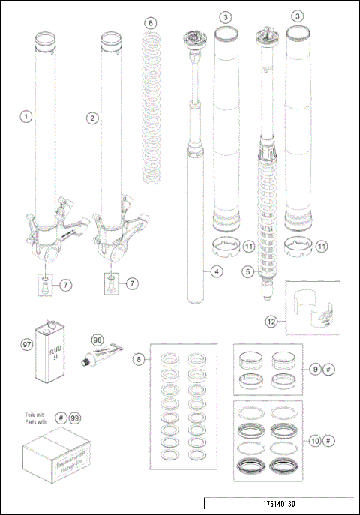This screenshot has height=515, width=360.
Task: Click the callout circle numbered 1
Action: [26, 117]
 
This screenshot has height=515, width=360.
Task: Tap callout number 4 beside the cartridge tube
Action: [216, 272]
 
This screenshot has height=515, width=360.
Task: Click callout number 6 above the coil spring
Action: [151, 23]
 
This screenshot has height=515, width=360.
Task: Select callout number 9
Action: [316, 369]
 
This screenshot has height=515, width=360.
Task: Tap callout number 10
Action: [316, 440]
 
